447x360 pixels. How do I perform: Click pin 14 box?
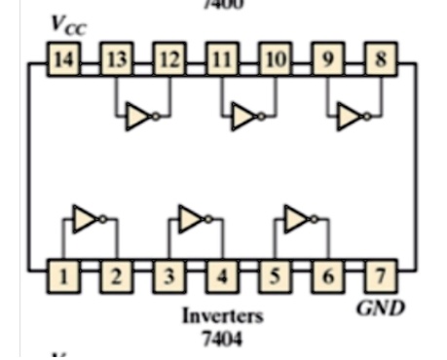62,60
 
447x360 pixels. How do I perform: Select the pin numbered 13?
116,60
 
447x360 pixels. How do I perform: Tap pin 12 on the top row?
168,60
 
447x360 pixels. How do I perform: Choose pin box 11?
222,60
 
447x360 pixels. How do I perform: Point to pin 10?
275,60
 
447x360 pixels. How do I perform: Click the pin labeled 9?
327,60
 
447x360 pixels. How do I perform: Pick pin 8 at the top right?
381,60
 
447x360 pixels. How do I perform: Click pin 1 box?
62,277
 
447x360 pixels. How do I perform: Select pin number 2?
116,277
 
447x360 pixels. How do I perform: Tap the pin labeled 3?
168,277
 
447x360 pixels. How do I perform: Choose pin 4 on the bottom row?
222,277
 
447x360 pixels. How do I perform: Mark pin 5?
275,277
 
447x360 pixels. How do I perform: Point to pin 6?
327,277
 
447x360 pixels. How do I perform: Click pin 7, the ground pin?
381,277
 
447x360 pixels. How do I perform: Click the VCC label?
68,26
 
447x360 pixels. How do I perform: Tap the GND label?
381,308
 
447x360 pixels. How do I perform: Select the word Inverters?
221,316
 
